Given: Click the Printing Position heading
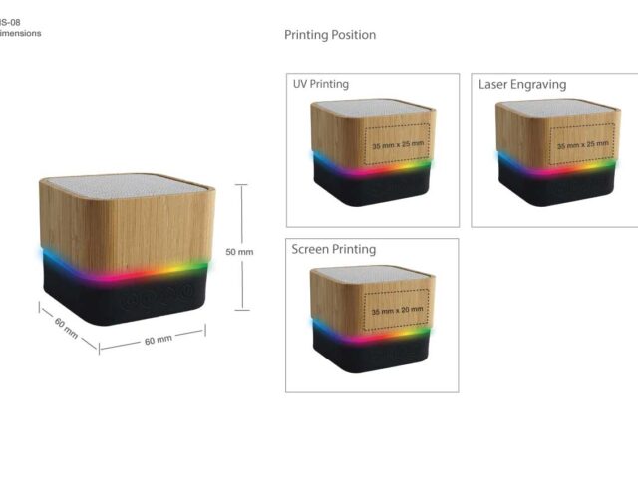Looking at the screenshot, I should [330, 35].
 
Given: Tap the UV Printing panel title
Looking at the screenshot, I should [320, 84].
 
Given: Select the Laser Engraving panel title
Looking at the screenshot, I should [522, 84].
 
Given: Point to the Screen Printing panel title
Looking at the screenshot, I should [334, 249].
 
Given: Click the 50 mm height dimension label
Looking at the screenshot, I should [239, 252].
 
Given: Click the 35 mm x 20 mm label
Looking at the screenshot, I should [397, 312].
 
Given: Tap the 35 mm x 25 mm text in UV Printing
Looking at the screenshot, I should [398, 145].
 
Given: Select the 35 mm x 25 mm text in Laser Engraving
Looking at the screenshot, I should [582, 145].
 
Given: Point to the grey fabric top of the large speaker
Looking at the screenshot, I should [128, 185].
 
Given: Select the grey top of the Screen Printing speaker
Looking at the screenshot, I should [371, 274].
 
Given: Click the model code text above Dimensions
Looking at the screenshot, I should [10, 22].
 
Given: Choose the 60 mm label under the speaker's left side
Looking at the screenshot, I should [66, 328].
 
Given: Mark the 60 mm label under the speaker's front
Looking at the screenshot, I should [158, 340].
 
